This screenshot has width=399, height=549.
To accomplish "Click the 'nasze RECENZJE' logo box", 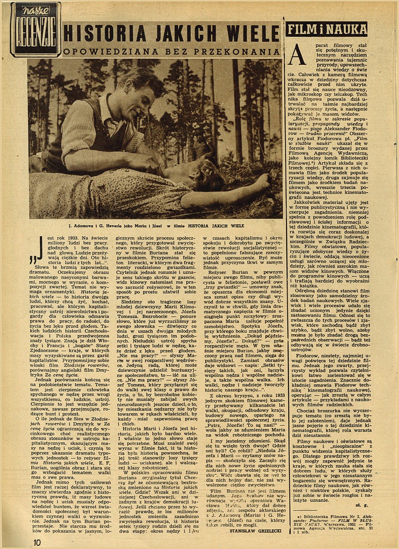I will tap(35, 29).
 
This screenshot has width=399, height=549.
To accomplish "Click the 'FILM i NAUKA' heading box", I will tap(327, 29).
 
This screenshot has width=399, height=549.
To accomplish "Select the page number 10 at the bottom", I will tap(37, 542).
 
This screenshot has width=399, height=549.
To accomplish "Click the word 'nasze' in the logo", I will tap(35, 10).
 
